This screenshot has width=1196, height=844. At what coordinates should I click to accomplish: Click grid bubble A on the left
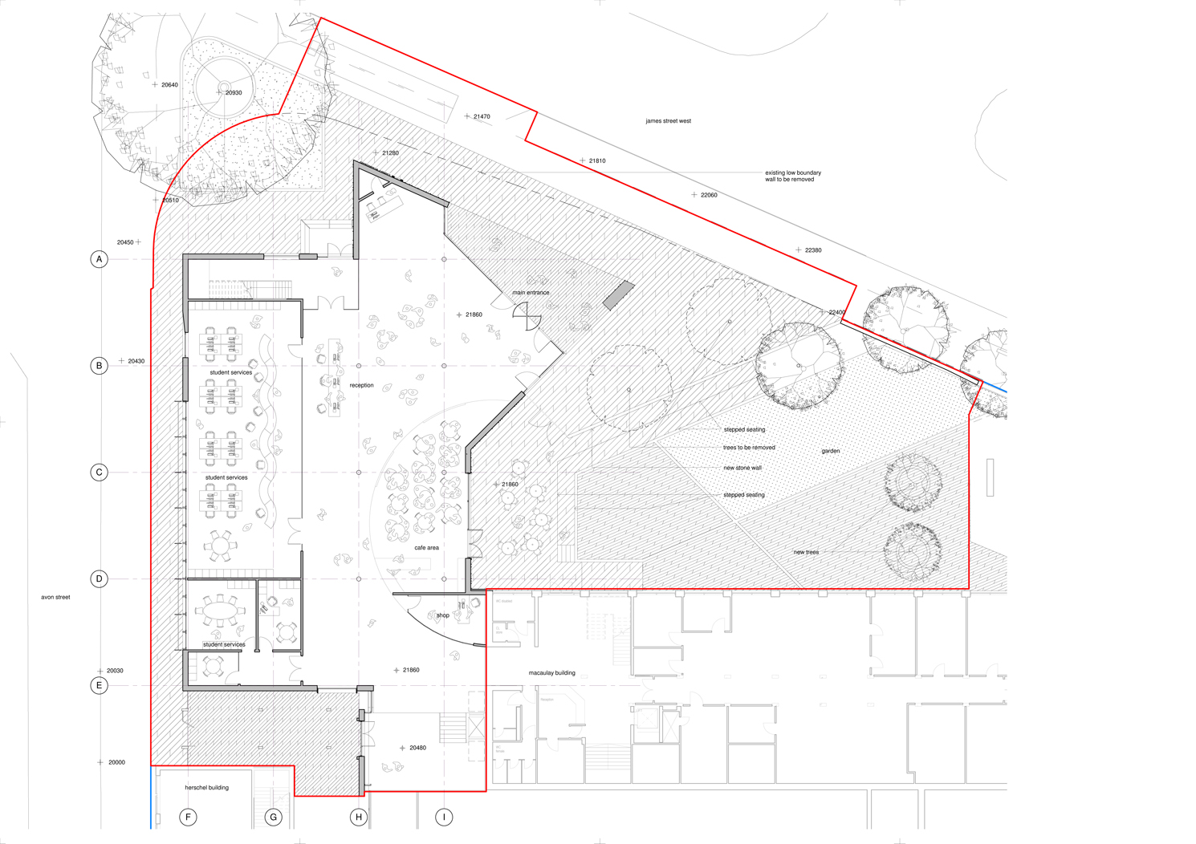click(99, 259)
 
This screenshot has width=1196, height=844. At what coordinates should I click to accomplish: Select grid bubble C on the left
click(99, 473)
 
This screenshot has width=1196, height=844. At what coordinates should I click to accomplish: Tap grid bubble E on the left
click(99, 685)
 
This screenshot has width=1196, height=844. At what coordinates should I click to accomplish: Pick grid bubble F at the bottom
click(188, 818)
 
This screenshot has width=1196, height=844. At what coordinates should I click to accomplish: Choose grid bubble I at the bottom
click(444, 818)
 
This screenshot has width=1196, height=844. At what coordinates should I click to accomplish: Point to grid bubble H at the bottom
click(359, 818)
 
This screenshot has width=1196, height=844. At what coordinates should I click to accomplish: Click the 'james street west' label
click(668, 121)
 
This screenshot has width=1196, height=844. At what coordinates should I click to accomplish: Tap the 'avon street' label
click(55, 597)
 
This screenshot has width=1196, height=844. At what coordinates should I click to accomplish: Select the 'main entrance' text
click(531, 293)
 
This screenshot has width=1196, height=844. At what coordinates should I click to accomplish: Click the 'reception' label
click(361, 385)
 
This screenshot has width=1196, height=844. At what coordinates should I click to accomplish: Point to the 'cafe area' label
click(426, 548)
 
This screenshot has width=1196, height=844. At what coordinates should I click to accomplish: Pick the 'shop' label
click(443, 615)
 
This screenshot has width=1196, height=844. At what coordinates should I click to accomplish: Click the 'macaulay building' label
click(551, 673)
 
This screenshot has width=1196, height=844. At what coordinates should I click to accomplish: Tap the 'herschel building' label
click(206, 788)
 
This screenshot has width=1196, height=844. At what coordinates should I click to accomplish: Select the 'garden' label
click(830, 451)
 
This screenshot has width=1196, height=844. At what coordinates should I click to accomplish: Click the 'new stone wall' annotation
click(742, 468)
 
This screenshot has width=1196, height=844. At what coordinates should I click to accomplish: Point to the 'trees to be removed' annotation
click(749, 448)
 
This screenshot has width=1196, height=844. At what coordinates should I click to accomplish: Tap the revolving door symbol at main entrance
click(527, 317)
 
